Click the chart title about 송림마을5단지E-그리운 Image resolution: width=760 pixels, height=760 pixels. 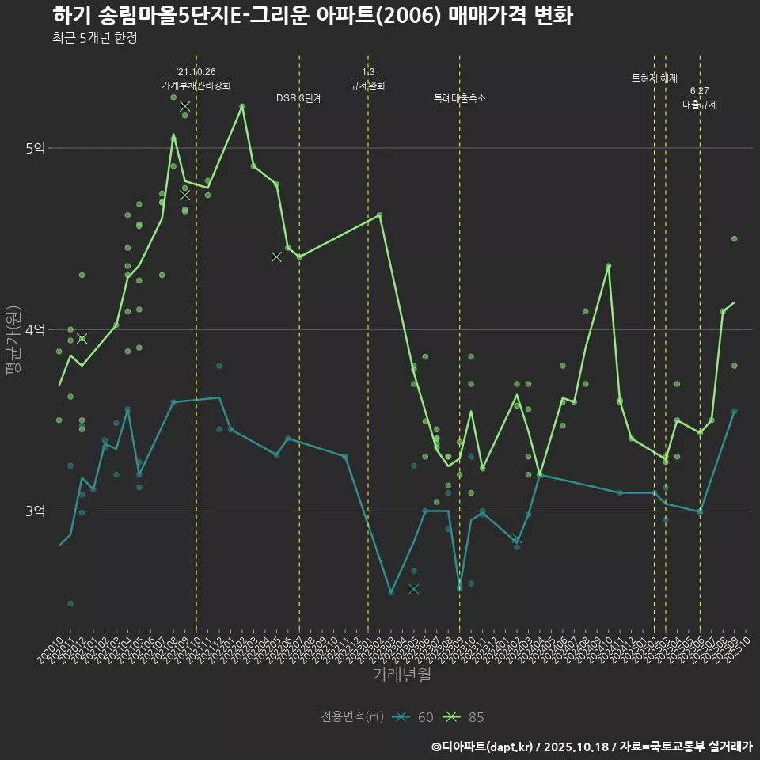[312, 16]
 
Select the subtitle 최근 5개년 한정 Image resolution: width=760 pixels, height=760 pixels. [94, 38]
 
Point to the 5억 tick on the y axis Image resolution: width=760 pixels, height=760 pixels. [36, 148]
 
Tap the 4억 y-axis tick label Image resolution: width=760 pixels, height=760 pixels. [36, 329]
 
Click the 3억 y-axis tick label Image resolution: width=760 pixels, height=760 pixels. [36, 511]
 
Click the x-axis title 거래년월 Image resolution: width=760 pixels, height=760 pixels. [402, 675]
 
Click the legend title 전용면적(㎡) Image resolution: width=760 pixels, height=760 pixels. [352, 717]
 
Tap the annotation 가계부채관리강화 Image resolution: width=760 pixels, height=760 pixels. [196, 85]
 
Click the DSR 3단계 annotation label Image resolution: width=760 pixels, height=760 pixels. [299, 98]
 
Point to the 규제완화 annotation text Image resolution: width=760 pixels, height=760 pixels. [368, 85]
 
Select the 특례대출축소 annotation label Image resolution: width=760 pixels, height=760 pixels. [460, 98]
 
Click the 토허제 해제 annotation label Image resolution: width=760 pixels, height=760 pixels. [655, 78]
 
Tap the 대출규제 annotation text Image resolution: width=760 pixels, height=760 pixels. [700, 104]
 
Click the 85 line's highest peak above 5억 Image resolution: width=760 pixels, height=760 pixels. [242, 105]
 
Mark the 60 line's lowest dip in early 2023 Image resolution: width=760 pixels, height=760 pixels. [390, 593]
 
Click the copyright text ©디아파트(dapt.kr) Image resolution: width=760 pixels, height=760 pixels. [484, 746]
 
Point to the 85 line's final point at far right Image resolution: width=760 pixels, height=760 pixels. [734, 302]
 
